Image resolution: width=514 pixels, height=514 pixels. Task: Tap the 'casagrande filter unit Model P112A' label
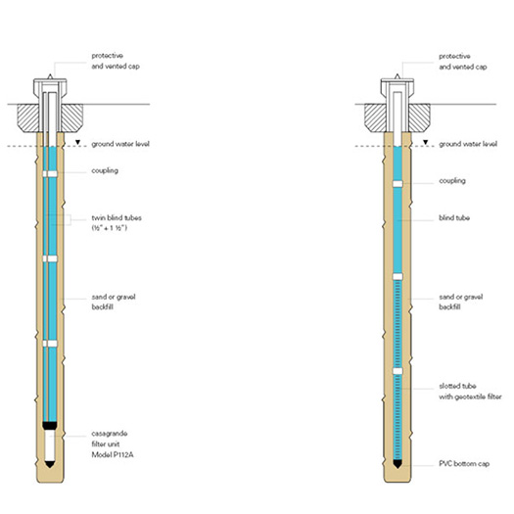(x=113, y=444)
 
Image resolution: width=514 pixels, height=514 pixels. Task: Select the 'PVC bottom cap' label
(x=464, y=463)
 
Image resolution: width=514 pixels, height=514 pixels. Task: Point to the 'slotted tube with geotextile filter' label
(x=470, y=391)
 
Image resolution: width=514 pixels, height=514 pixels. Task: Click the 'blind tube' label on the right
(x=454, y=217)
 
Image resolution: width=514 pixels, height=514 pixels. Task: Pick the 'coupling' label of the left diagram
(x=105, y=170)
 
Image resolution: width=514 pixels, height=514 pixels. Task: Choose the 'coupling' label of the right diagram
(x=452, y=180)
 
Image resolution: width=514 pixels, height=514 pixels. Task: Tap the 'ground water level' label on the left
(x=120, y=144)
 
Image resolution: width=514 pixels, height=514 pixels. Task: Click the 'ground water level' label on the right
(x=468, y=144)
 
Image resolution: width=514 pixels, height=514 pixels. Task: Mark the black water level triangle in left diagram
(x=77, y=142)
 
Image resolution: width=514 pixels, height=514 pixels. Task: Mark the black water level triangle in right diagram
(x=425, y=142)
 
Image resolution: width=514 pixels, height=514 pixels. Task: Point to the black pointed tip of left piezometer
(x=50, y=464)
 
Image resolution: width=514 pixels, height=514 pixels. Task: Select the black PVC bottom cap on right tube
(x=397, y=464)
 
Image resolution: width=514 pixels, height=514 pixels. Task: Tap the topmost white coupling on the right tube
(x=397, y=184)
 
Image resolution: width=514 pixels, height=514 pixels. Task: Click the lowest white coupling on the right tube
(x=397, y=371)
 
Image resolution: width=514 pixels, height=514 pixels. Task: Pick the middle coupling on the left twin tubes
(x=50, y=259)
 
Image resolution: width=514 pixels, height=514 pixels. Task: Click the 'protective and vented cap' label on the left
(x=116, y=61)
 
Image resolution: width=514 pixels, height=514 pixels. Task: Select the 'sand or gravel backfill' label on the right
(x=460, y=302)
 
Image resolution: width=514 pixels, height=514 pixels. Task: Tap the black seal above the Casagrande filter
(x=50, y=426)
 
